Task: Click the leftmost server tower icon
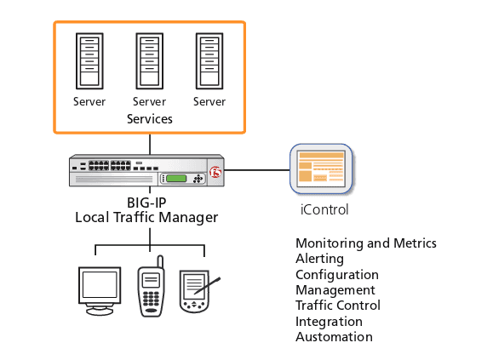89,61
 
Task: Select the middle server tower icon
149,61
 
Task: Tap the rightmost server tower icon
209,61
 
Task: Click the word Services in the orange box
149,119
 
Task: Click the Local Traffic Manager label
146,218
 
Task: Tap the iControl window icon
321,167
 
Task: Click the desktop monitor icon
98,289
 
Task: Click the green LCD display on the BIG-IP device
176,178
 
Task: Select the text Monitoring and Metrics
365,243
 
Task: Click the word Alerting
319,259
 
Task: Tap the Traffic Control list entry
337,306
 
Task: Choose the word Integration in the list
329,322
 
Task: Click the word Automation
334,337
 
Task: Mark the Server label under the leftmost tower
89,102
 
